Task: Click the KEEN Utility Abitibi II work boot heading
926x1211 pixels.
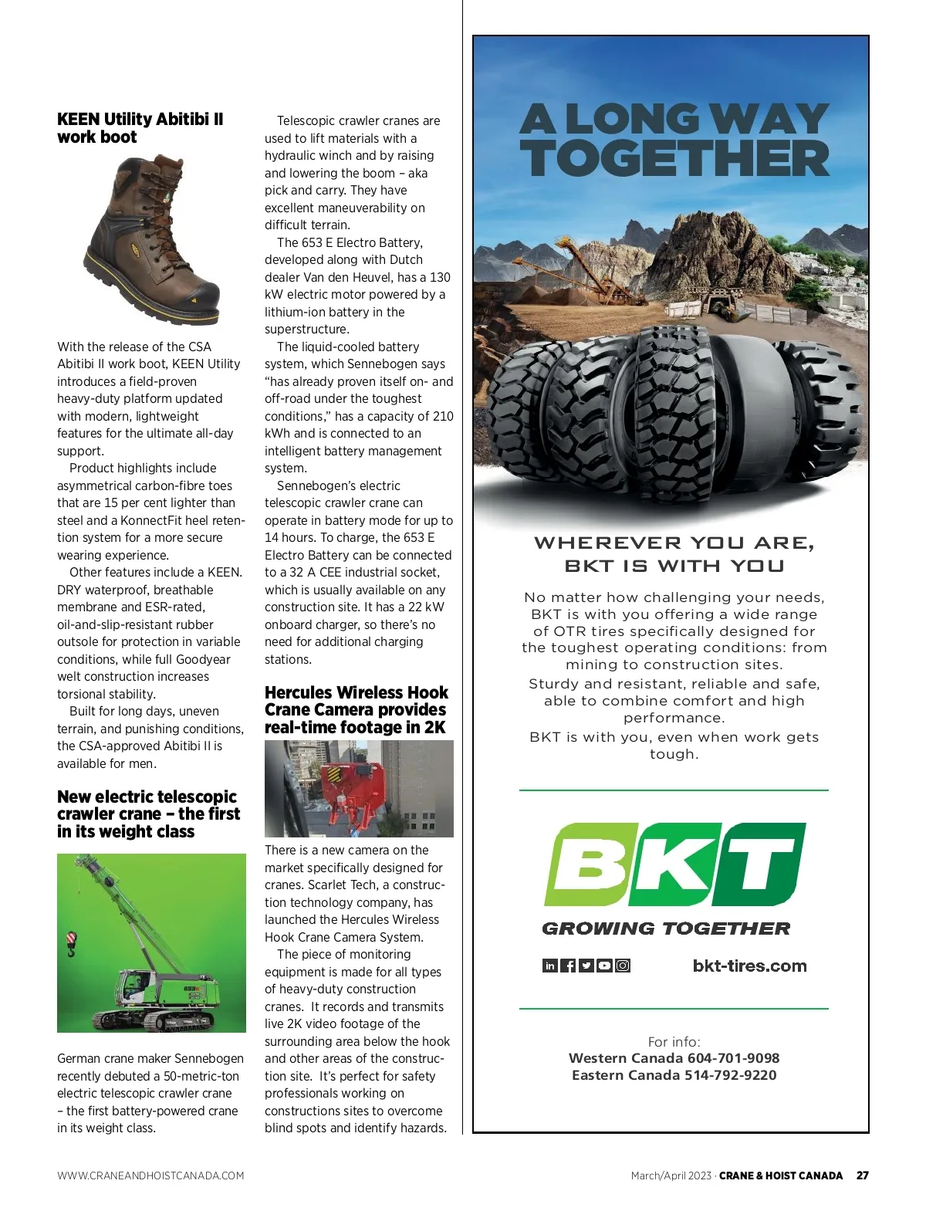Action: click(140, 128)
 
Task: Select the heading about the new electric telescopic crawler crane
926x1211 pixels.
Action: click(148, 814)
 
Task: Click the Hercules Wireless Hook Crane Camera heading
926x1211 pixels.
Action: click(356, 710)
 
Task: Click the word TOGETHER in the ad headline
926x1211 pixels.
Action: click(674, 159)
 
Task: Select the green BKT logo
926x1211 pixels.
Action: click(674, 864)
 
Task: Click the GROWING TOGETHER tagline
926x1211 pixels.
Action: click(666, 929)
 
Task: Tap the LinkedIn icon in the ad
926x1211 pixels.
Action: click(550, 966)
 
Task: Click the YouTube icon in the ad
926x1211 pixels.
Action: click(604, 966)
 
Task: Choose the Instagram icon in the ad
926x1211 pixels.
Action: click(623, 966)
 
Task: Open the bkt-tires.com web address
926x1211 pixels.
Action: click(749, 966)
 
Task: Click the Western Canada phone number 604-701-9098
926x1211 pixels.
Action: click(733, 1058)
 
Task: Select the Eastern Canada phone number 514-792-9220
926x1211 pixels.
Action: click(730, 1075)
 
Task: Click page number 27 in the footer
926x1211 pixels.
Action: click(862, 1175)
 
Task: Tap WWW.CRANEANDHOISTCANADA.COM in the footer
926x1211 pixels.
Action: click(150, 1175)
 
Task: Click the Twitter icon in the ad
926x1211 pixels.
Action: click(586, 966)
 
